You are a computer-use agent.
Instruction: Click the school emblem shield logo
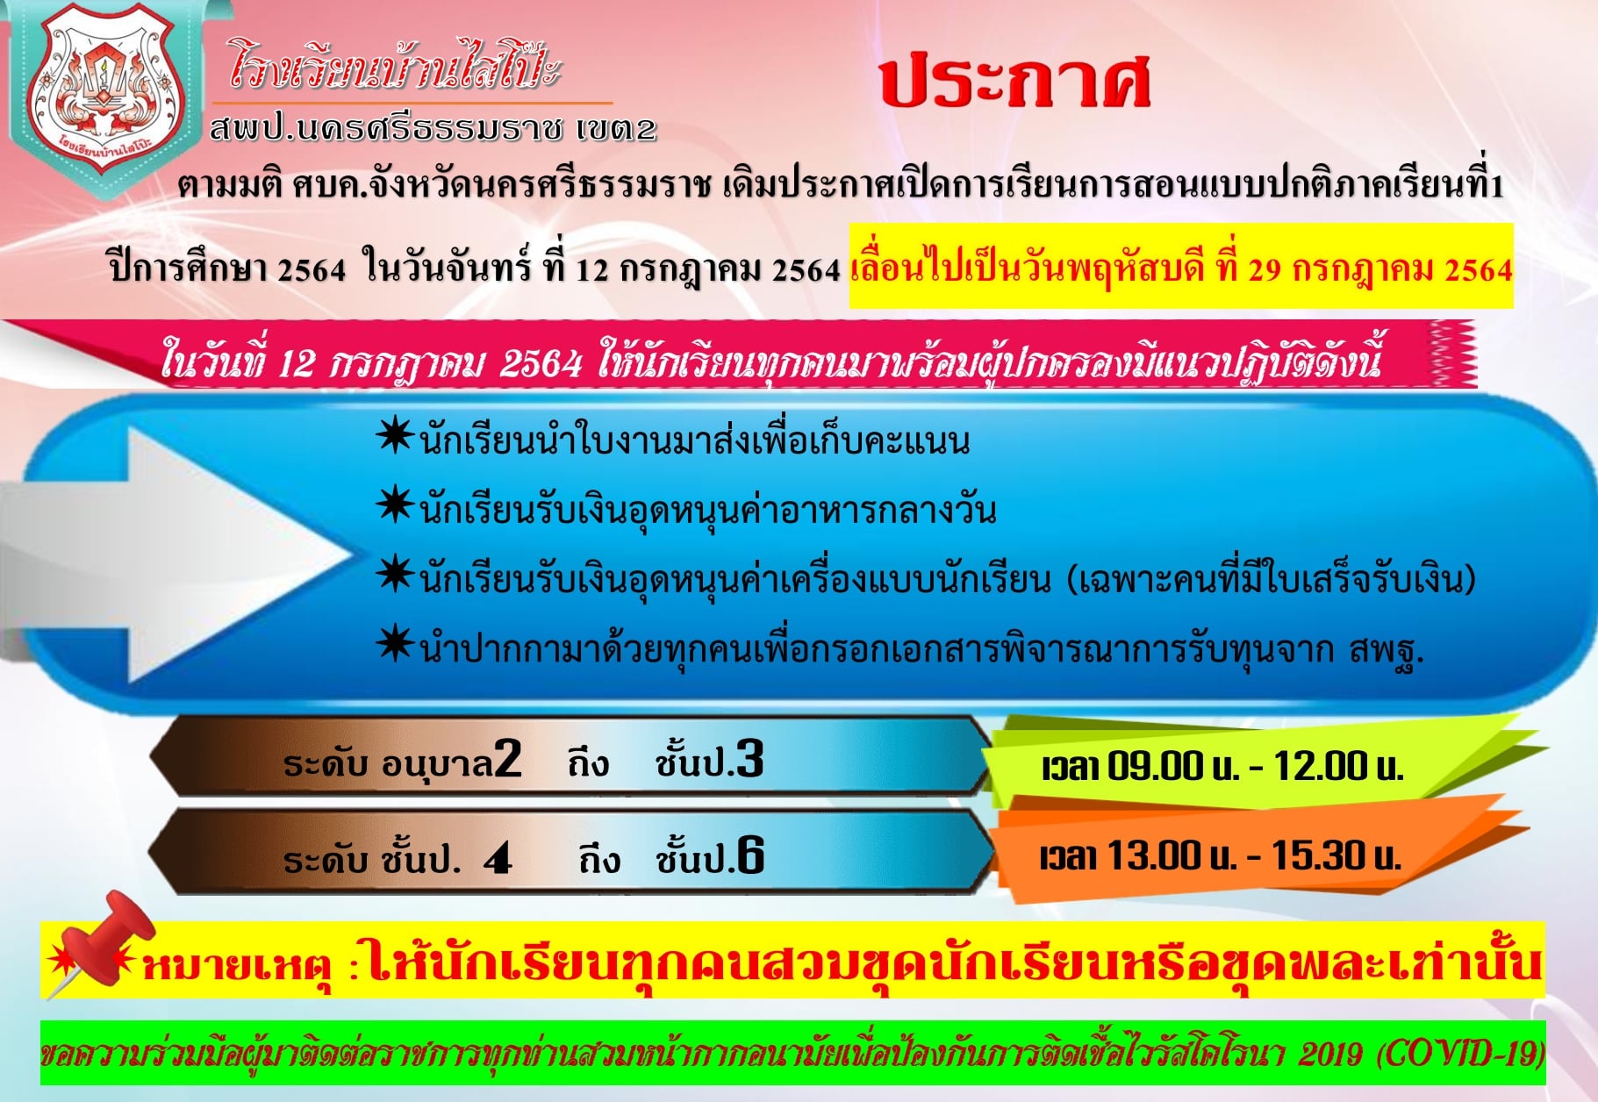click(104, 91)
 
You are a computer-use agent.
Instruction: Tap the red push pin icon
click(101, 944)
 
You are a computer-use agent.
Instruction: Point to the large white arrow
click(176, 554)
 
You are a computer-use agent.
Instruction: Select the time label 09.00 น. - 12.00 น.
click(1222, 767)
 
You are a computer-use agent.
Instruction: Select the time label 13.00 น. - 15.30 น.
click(1220, 855)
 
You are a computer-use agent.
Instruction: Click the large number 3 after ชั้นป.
click(750, 758)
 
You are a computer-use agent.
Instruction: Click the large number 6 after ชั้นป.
click(750, 855)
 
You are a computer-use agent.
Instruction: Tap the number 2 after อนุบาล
click(508, 759)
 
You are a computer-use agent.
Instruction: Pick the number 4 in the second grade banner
click(498, 858)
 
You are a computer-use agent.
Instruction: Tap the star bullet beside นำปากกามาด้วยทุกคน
click(395, 645)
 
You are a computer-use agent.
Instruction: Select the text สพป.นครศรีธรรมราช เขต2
click(433, 129)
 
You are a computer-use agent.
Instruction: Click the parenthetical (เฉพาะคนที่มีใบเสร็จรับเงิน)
click(1272, 580)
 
